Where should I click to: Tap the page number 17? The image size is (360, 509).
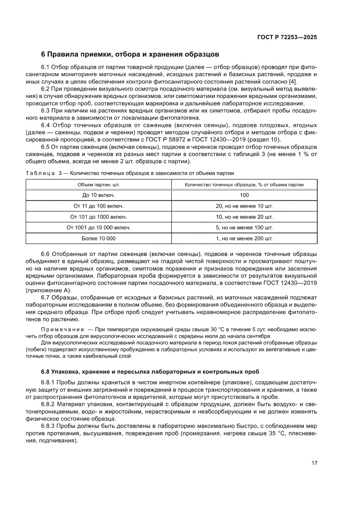313,463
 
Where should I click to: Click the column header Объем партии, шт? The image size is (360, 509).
99,185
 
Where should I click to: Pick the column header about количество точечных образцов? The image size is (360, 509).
244,185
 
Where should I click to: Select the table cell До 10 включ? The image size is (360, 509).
99,195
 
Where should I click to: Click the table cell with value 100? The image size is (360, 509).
244,195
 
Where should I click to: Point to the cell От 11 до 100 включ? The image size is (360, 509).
99,206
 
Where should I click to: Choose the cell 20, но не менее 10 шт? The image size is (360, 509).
244,206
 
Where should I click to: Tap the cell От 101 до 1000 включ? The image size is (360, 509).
99,217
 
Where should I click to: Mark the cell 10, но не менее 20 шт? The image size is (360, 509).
244,217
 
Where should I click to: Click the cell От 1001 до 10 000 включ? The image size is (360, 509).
99,228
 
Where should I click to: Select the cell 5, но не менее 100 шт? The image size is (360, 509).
244,228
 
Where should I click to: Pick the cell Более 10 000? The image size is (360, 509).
99,239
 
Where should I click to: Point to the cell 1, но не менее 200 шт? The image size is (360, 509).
244,239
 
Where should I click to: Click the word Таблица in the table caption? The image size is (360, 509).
40,173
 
